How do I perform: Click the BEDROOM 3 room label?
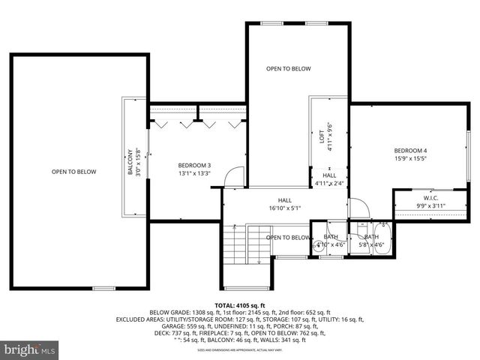coord(194,165)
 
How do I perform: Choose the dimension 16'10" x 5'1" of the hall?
coord(285,208)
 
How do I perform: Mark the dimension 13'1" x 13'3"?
coord(194,173)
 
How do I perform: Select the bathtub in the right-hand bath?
coord(382,240)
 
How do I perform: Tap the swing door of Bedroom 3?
coord(235,177)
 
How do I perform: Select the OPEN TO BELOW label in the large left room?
coord(73,172)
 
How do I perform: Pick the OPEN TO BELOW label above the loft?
coord(288,68)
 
